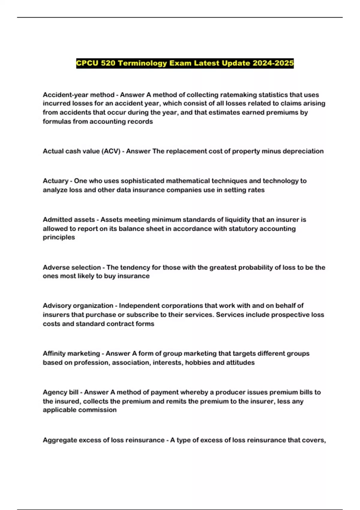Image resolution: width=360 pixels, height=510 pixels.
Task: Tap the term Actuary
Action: [55, 181]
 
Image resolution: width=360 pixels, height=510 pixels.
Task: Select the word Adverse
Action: [55, 267]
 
